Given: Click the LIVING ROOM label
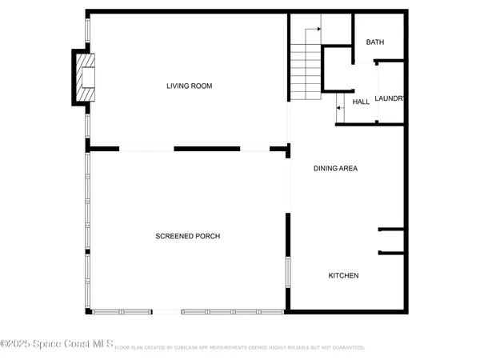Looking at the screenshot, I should pos(189,86).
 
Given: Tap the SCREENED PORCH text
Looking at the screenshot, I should pos(187,236).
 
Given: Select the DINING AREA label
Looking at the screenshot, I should pos(334,168).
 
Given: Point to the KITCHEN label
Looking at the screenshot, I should pos(343,276).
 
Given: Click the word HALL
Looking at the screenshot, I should pos(361,102).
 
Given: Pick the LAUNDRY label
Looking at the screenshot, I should pos(390,98).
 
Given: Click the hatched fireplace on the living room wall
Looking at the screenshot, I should pos(84,77).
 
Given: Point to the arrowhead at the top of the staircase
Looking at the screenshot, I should pos(318,29).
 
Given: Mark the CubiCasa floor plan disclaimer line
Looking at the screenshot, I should pos(240,348).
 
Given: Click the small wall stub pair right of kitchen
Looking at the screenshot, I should pos(391,241).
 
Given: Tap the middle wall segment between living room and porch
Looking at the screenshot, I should pos(206,148).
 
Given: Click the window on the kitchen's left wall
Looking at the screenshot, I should pos(288,270).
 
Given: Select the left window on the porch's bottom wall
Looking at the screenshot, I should pos(122,310).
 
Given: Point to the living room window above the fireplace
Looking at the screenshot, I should pos(87,30).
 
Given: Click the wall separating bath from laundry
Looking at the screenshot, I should pos(378,62).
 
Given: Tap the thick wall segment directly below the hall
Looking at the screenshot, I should pos(370,124).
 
